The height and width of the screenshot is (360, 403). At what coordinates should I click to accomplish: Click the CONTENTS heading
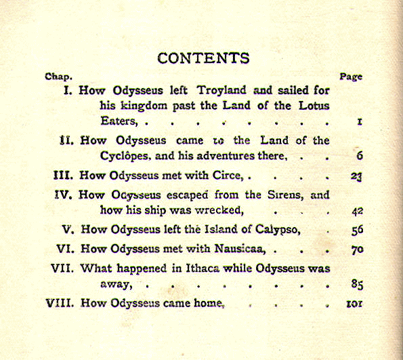[x=203, y=58]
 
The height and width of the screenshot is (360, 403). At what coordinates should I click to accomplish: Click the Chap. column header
[x=58, y=77]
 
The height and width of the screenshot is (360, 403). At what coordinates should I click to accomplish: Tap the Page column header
[x=350, y=77]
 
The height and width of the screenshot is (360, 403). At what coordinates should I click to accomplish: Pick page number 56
[x=358, y=230]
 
